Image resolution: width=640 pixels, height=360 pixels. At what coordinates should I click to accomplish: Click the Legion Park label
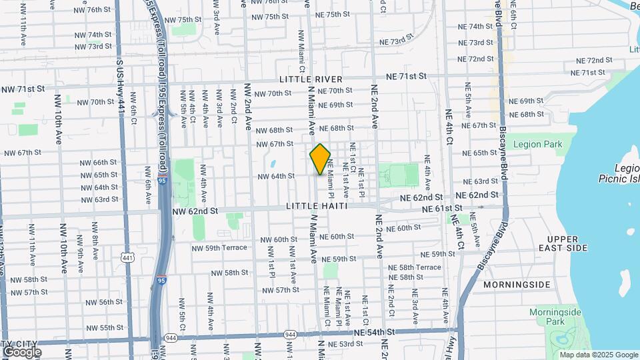tap(537, 144)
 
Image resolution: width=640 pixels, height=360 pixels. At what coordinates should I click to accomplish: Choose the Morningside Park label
tap(555, 317)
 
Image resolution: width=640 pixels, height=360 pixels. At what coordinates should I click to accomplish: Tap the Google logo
tap(22, 351)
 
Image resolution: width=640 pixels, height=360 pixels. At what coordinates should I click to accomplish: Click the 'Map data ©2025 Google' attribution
tap(598, 355)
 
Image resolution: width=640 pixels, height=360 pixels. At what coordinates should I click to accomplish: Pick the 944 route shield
tap(289, 334)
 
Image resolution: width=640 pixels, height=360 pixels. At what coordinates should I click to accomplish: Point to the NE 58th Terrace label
tap(415, 267)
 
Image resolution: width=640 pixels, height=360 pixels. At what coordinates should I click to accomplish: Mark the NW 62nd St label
tap(195, 211)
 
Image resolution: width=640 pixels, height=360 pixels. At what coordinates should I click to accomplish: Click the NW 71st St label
tap(23, 89)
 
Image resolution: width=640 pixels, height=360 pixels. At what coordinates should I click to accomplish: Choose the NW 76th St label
tap(89, 10)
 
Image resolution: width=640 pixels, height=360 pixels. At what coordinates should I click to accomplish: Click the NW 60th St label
tap(279, 239)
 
